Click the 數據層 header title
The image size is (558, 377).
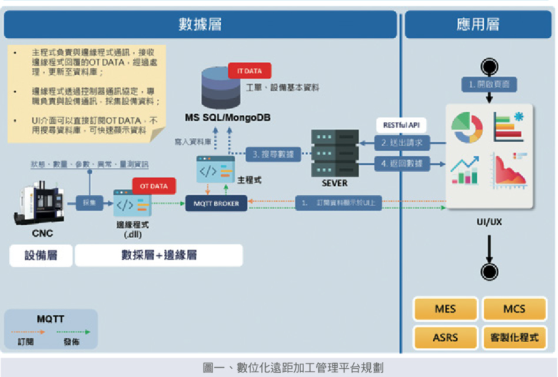point(201,24)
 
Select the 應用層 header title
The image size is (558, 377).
point(478,24)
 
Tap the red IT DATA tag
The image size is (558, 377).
point(250,71)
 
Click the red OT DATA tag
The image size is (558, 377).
point(154,186)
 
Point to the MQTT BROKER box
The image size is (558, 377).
point(217,203)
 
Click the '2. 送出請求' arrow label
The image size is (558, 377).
point(402,142)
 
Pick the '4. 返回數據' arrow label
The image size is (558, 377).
point(402,163)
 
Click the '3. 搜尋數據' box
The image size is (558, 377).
point(273,155)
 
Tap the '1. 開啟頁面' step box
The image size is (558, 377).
point(489,85)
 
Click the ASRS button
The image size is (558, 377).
point(445,338)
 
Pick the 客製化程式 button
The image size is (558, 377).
point(514,338)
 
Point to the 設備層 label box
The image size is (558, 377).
point(41,255)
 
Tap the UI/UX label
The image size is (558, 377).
point(489,223)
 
